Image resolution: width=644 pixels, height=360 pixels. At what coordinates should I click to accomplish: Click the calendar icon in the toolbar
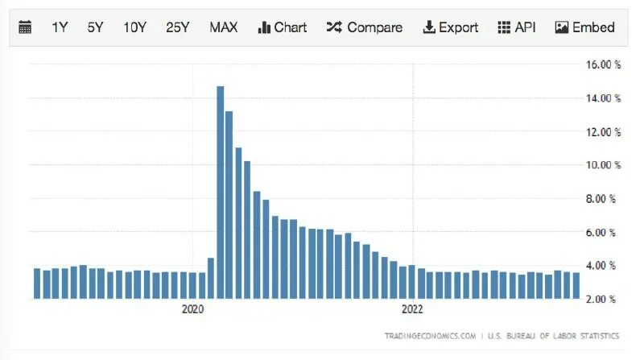pos(25,27)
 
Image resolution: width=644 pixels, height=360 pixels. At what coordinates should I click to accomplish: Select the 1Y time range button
pos(60,27)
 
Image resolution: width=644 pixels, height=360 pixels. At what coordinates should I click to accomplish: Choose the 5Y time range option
pos(95,27)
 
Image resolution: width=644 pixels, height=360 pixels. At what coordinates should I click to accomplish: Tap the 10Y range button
pos(134,27)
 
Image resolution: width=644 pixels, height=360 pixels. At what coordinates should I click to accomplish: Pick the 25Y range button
pos(177,27)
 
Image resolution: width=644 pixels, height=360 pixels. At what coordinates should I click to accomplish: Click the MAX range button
pos(223,27)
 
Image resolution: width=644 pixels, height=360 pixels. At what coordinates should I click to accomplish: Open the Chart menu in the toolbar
pos(282,27)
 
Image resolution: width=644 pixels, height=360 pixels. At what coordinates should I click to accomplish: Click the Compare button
pos(364,27)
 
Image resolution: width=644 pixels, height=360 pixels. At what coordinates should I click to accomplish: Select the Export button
pos(450,27)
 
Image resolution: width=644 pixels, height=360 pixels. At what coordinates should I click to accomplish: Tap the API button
pos(517,27)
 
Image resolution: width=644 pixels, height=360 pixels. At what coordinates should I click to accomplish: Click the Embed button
pos(584,27)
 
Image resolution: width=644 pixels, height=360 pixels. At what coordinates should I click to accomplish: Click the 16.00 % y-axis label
pos(605,65)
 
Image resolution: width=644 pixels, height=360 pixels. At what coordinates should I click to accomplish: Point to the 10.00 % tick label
pos(605,165)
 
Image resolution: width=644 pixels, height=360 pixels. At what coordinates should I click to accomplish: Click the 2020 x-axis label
pos(193,309)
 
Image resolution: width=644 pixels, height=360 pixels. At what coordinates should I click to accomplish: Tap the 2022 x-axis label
pos(412,309)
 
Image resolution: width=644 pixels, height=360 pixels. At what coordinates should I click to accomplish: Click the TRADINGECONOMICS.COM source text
pos(430,334)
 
